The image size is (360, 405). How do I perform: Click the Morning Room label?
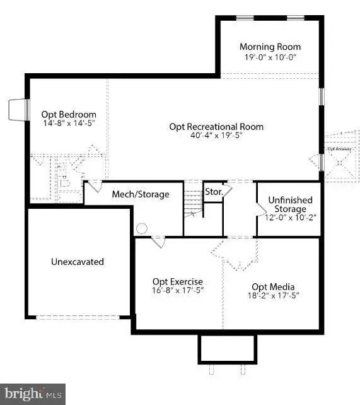[x=270, y=47]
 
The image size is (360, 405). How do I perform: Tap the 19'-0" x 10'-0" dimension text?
[x=270, y=56]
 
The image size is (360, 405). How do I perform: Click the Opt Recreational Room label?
[x=216, y=126]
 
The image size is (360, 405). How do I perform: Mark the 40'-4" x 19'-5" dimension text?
[x=216, y=135]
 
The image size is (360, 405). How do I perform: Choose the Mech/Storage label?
[x=141, y=194]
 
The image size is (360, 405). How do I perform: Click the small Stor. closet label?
[x=212, y=192]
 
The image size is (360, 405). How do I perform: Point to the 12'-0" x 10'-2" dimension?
[x=287, y=218]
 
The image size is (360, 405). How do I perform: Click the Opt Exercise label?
[x=178, y=281]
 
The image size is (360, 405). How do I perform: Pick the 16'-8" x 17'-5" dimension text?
[x=178, y=290]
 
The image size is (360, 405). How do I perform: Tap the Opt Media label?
[x=273, y=286]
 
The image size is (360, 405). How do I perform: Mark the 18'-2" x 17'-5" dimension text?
[x=273, y=295]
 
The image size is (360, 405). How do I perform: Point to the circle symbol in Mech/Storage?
[x=142, y=228]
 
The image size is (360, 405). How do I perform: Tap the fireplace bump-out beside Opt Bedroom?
[x=17, y=110]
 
